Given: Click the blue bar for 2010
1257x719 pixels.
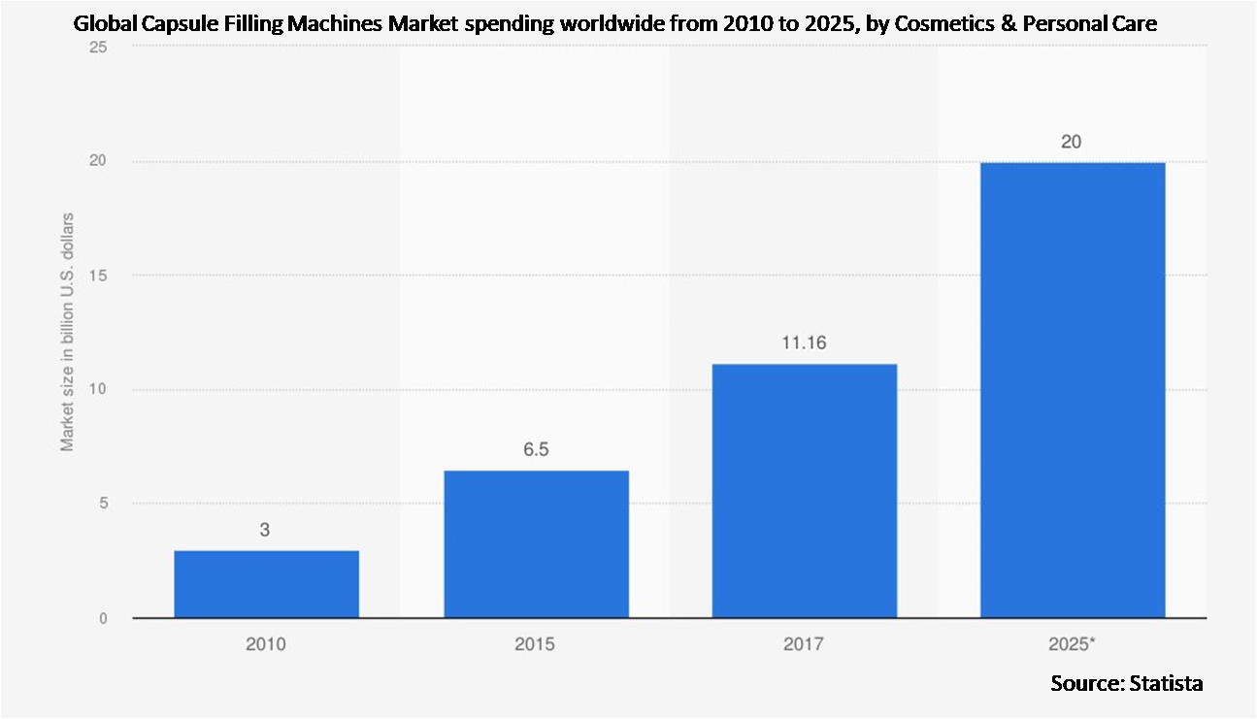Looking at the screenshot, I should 266,583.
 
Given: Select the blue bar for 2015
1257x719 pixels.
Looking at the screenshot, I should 536,543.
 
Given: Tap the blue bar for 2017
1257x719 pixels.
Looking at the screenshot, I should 804,490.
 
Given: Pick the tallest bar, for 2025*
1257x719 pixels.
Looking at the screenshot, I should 1073,389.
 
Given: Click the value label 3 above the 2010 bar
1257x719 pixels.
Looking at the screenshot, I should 266,531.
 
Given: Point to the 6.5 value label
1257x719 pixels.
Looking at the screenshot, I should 536,451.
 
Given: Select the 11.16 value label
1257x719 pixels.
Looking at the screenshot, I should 804,343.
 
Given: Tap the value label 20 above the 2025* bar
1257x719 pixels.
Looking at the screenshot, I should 1073,142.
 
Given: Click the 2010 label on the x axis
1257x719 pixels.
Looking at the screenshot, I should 266,644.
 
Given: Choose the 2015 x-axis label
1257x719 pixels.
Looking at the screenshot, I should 536,644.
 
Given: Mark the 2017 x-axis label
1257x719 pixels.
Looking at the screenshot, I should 804,644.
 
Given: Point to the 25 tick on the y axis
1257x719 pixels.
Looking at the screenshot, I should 98,48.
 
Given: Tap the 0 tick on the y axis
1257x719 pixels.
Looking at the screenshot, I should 103,618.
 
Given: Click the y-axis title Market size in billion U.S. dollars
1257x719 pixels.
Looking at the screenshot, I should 67,331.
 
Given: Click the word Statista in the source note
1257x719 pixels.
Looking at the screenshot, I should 1166,684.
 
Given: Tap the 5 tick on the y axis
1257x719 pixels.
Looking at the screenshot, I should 103,504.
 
